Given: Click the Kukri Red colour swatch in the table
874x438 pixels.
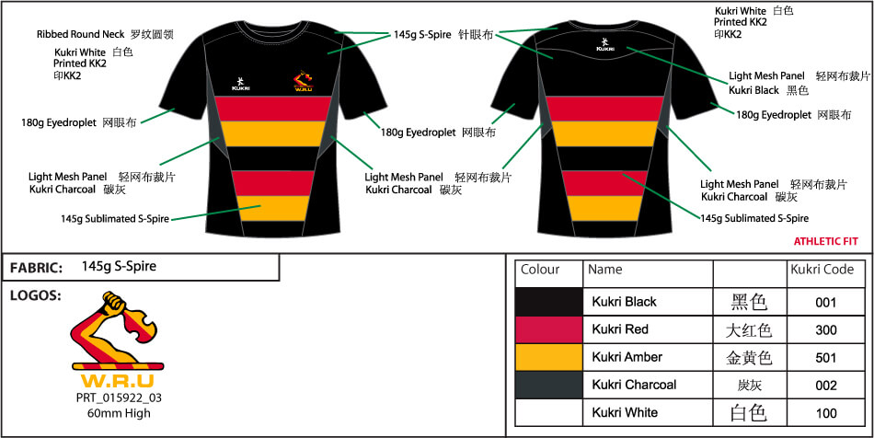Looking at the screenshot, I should point(548,329).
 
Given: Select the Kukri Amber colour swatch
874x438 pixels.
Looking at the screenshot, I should point(548,357).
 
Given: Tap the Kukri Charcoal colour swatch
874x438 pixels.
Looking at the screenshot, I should point(548,385).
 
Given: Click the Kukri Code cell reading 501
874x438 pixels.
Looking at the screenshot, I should point(825,357).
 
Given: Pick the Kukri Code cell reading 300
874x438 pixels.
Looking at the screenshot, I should point(825,329).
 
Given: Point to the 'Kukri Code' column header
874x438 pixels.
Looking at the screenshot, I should point(821,270).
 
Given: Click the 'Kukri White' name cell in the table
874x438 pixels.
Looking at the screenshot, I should point(625,413).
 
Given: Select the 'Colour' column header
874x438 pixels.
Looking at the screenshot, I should point(540,270).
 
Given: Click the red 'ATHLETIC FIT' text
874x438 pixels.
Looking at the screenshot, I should point(825,241).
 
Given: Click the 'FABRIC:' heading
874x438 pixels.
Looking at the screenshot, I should point(36,268).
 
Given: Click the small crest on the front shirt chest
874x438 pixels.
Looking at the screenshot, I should point(303,84).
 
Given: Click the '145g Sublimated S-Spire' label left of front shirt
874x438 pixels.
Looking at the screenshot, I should point(114,219).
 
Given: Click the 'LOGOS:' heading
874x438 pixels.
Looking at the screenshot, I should point(35,296).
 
